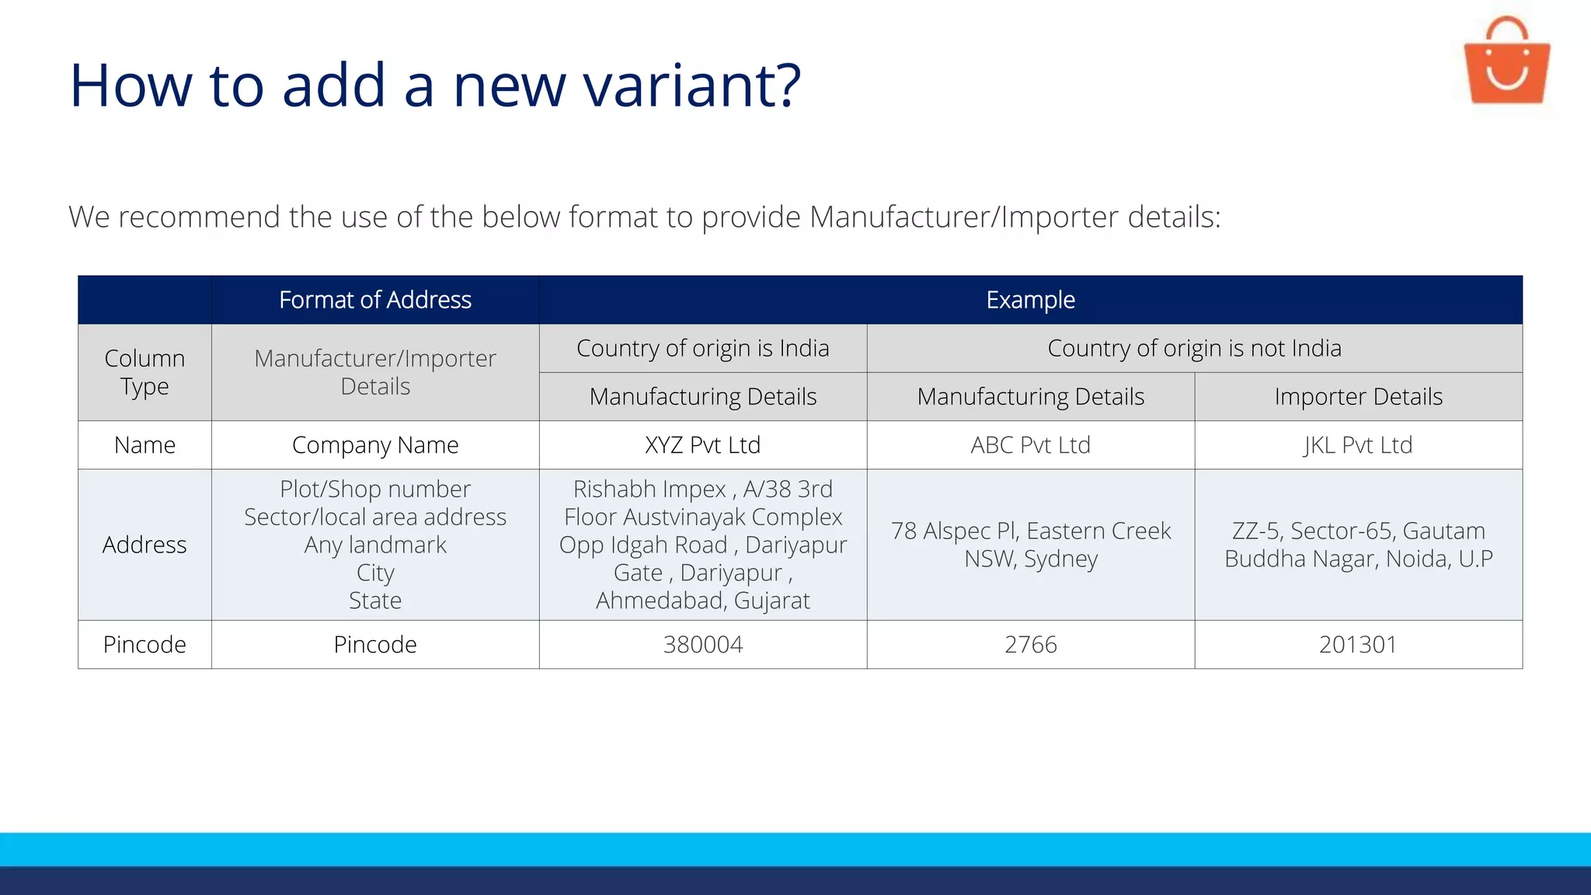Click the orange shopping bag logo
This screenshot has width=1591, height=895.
(1506, 63)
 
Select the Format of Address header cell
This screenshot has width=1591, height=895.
(375, 300)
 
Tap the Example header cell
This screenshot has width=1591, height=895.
(1030, 300)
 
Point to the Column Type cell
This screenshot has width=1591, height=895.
(144, 372)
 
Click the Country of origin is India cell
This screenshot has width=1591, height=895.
(702, 348)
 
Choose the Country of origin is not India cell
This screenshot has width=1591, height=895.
(1194, 348)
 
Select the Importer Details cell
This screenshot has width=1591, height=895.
(1358, 396)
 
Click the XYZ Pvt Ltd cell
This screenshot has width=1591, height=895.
(702, 445)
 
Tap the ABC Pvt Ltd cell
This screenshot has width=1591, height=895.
(1030, 445)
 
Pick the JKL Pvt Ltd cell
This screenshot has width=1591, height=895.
(1358, 445)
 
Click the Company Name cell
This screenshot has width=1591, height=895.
(375, 445)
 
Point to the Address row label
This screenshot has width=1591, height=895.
(144, 545)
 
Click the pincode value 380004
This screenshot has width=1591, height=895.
(702, 645)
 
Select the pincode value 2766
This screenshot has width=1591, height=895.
(1030, 645)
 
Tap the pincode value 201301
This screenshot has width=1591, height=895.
(1358, 645)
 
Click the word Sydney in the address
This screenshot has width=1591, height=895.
(1060, 559)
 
